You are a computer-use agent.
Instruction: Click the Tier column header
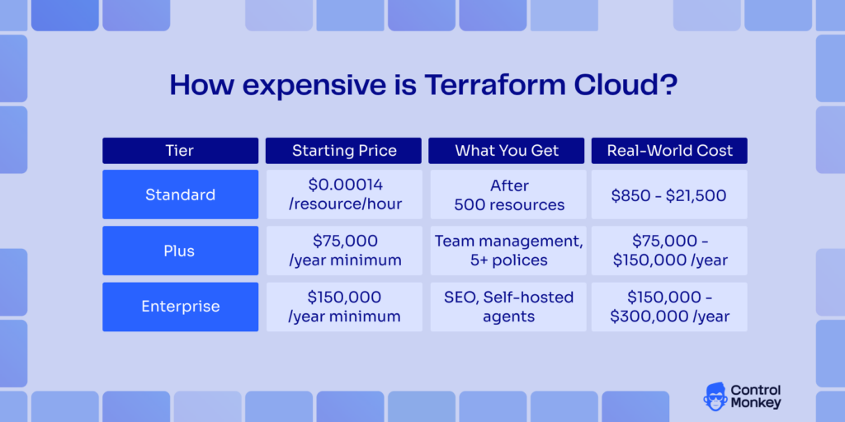(180, 151)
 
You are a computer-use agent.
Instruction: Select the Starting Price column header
(344, 151)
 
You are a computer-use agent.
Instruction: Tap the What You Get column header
(507, 151)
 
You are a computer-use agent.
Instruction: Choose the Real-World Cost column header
(669, 151)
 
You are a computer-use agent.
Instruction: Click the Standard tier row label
(180, 195)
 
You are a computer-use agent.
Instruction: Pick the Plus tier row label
(180, 251)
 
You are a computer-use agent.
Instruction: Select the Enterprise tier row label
(180, 307)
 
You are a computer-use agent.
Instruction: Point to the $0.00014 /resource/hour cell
(344, 195)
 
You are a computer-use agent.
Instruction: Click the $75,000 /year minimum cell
(344, 251)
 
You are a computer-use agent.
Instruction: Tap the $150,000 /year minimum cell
(344, 307)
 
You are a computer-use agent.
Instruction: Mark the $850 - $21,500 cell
(669, 195)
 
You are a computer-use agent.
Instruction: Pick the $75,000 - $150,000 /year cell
(669, 251)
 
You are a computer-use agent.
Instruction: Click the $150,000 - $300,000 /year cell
(669, 307)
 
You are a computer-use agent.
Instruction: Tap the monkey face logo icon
(715, 396)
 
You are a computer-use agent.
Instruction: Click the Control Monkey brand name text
(756, 396)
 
